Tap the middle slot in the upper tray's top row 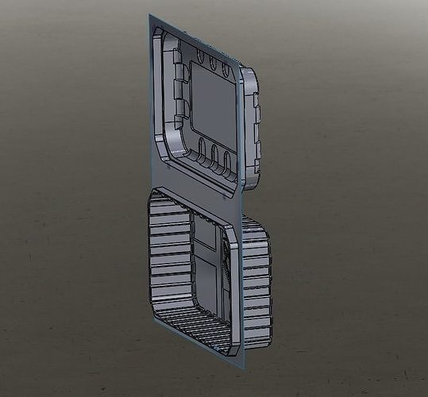point(213,63)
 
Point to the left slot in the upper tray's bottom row point(202,149)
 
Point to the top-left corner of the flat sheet point(151,16)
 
